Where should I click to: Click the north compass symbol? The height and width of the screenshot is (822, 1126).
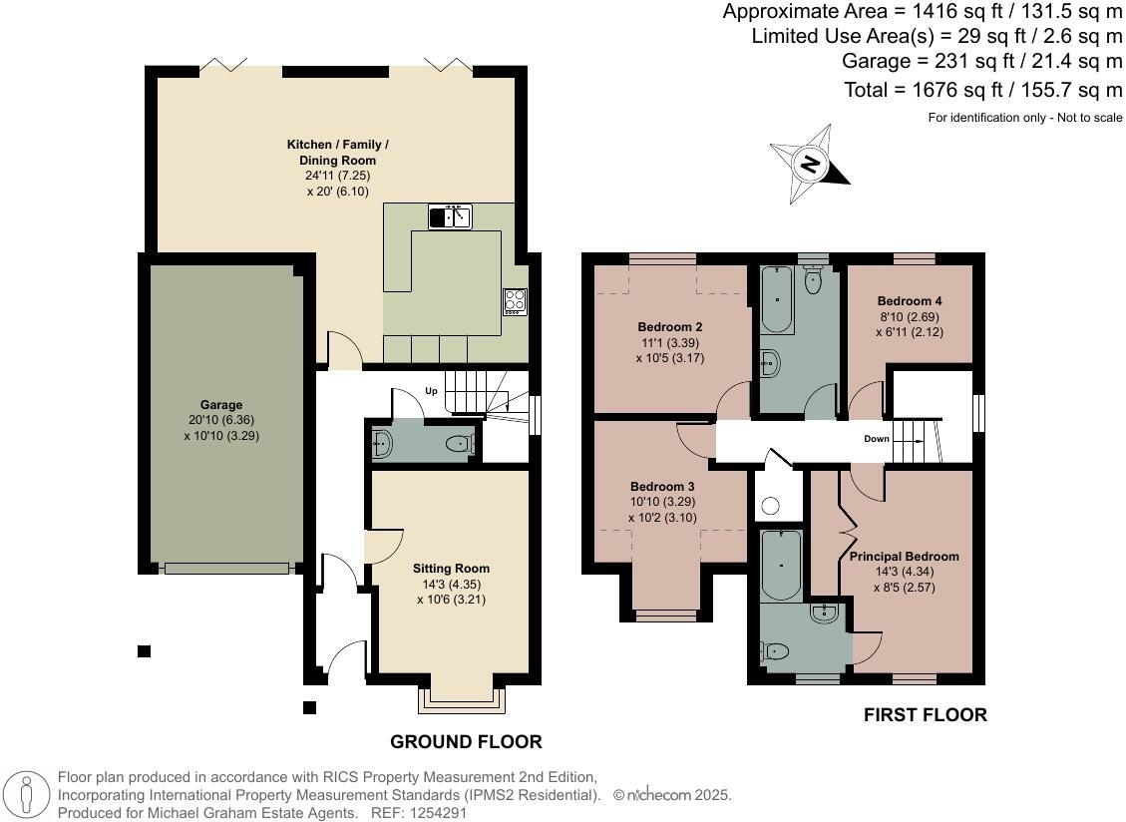click(x=810, y=162)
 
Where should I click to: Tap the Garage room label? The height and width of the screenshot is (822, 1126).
click(x=220, y=405)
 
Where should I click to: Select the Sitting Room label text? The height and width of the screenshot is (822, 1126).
click(x=451, y=569)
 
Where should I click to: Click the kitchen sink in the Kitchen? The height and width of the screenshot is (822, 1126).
click(x=450, y=216)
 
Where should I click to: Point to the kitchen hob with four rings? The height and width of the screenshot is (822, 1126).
click(x=515, y=301)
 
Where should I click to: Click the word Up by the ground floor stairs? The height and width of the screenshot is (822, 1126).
click(x=432, y=391)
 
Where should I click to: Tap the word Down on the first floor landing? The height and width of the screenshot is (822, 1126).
click(x=877, y=438)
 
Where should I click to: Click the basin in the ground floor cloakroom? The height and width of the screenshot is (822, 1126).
click(x=379, y=446)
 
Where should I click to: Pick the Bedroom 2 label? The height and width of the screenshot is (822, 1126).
click(x=670, y=327)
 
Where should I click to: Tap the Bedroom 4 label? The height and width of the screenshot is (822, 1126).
click(x=910, y=301)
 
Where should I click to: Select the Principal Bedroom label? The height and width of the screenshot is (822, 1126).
click(x=904, y=557)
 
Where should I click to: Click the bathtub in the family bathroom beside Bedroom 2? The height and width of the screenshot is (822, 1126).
click(x=776, y=300)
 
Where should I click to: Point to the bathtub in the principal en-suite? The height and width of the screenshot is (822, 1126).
click(x=779, y=565)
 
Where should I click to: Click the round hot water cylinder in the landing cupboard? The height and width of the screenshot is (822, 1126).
click(x=770, y=506)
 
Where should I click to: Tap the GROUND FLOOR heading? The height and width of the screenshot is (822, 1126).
click(x=466, y=741)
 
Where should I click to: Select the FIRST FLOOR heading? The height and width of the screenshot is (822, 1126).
click(x=925, y=714)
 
